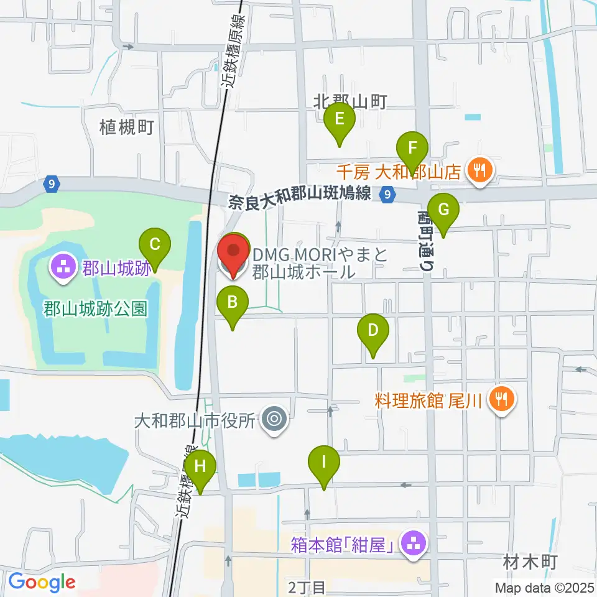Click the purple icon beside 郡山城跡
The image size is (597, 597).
coord(63,269)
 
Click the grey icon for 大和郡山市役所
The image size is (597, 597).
coord(274,420)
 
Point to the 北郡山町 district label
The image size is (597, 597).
coord(351,101)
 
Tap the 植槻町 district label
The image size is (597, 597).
coord(126,128)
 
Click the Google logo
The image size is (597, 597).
coord(42,582)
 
